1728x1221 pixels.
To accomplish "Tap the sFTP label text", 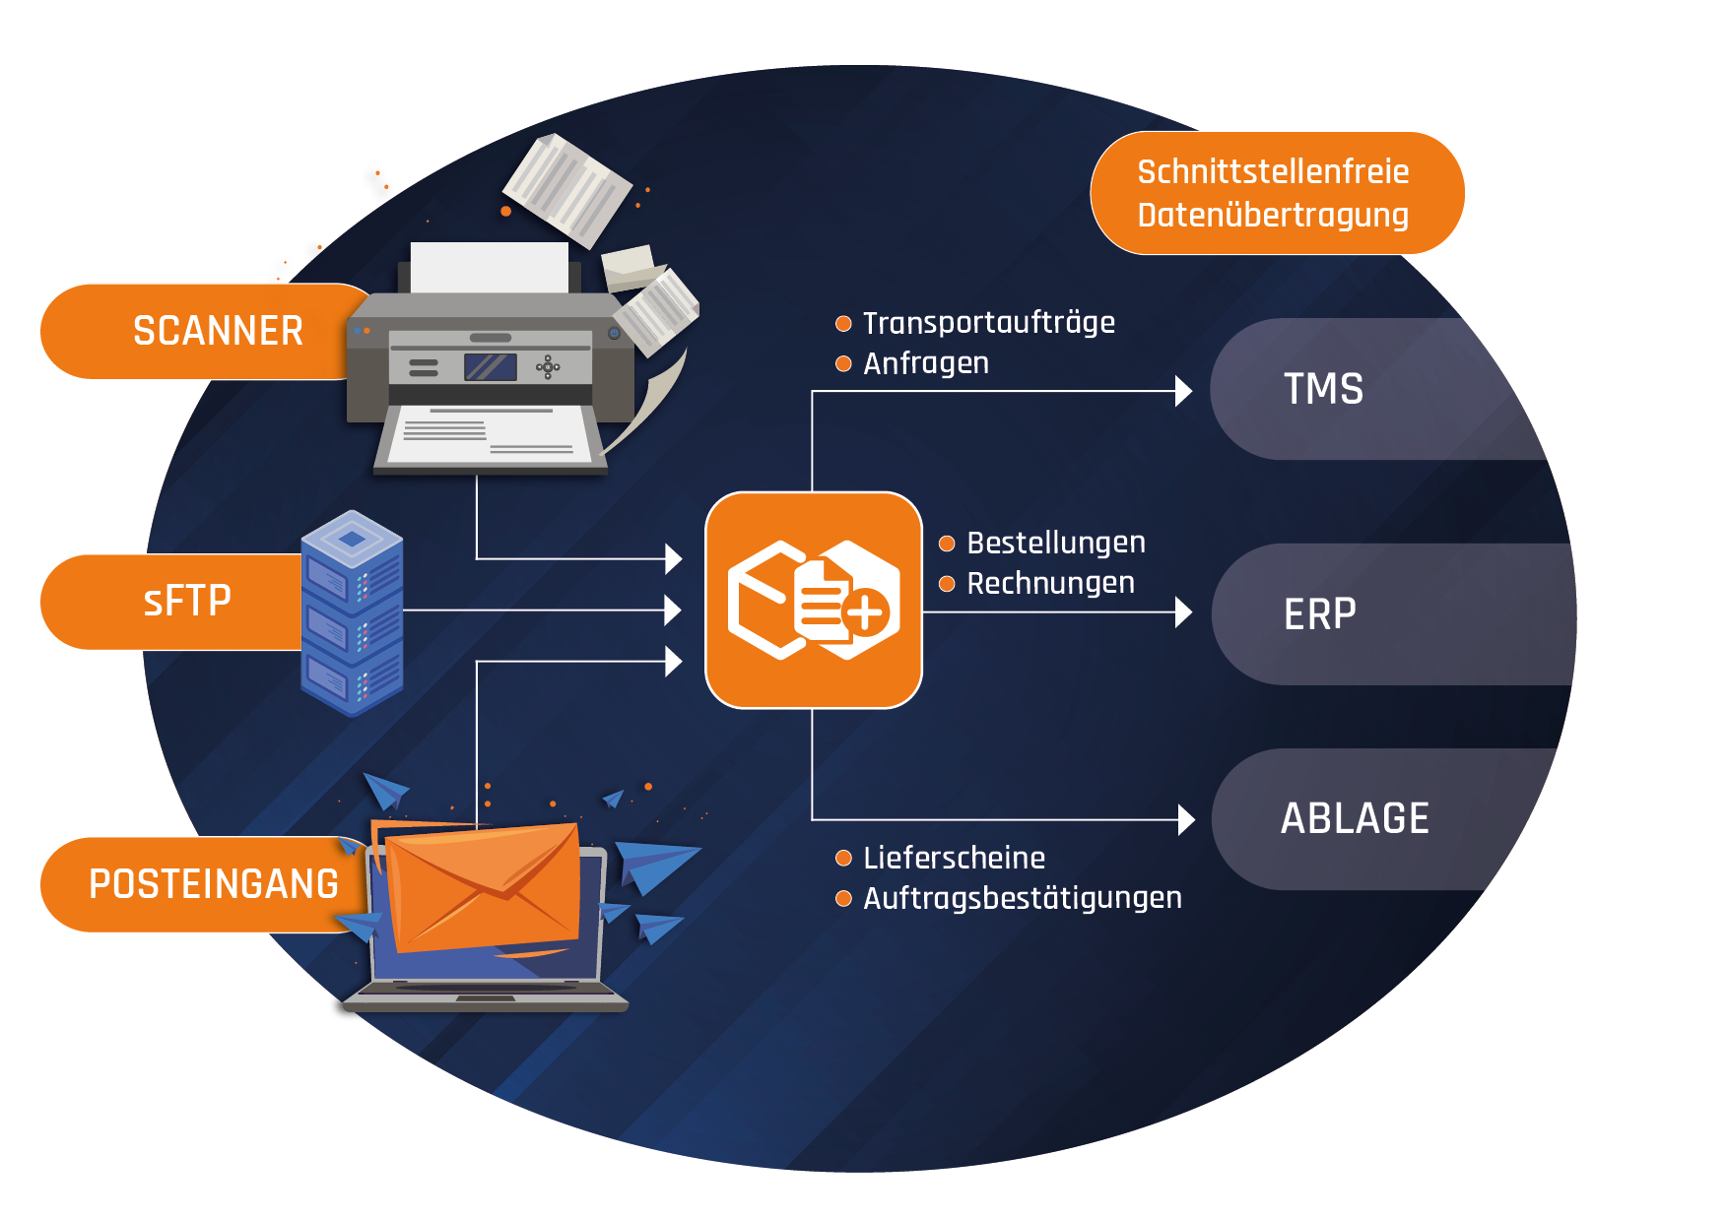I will tap(187, 601).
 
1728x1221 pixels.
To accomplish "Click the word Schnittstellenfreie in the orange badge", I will tap(1273, 172).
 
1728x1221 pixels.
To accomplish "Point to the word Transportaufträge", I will tap(989, 323).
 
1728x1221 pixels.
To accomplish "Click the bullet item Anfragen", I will tap(926, 363).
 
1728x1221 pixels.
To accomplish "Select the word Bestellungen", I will tap(1056, 543).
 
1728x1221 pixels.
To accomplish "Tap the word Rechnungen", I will tap(1050, 583).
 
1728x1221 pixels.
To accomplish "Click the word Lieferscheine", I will tap(954, 858).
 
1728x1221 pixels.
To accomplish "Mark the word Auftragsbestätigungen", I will tap(1023, 898).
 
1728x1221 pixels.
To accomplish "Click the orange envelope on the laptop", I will tap(483, 886).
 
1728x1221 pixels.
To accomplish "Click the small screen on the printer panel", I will tap(491, 367).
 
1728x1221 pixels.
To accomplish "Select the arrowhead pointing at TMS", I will tap(1183, 391).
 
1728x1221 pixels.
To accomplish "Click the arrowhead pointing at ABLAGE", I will tap(1186, 819).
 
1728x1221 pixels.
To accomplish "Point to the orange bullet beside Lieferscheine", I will tap(843, 858).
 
